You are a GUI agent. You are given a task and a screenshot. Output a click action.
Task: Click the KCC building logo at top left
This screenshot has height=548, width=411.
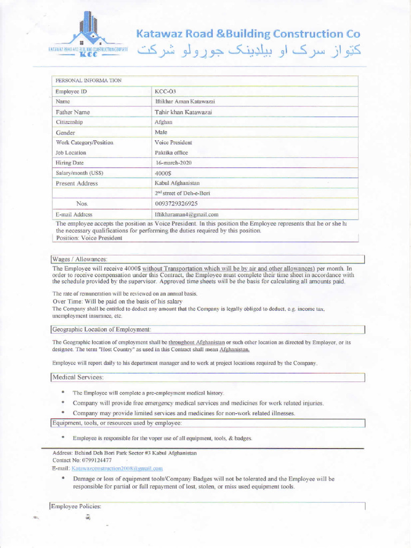(x=88, y=35)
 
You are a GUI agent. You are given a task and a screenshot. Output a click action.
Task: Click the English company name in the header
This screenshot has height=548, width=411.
(x=248, y=34)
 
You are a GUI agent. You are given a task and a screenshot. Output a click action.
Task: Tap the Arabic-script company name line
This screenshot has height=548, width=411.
(x=248, y=52)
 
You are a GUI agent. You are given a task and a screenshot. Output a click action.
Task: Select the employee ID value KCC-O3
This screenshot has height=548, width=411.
(x=165, y=92)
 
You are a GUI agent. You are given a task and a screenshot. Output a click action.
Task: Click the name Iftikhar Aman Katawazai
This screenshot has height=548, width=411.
(x=185, y=101)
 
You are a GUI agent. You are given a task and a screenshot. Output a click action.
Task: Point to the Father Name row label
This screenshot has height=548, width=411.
(x=73, y=112)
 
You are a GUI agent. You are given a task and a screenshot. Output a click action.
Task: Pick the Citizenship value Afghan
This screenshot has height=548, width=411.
(x=163, y=122)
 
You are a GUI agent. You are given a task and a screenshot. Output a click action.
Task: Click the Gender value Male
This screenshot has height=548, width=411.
(x=161, y=132)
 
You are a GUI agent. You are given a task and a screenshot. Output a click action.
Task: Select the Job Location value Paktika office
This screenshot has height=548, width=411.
(x=171, y=153)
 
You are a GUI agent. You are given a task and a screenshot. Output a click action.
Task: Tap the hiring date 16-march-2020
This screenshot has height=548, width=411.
(x=173, y=163)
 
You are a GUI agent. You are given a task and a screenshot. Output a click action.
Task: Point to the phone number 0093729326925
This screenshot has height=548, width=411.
(x=176, y=203)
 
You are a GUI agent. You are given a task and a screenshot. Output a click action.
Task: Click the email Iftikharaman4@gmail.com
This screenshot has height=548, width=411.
(x=186, y=214)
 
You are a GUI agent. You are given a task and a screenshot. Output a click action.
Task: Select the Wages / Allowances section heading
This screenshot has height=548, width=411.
(x=80, y=259)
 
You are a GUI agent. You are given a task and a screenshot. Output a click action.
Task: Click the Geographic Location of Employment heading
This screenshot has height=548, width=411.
(x=101, y=329)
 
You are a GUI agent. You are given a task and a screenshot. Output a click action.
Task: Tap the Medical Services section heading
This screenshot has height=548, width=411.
(x=78, y=377)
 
